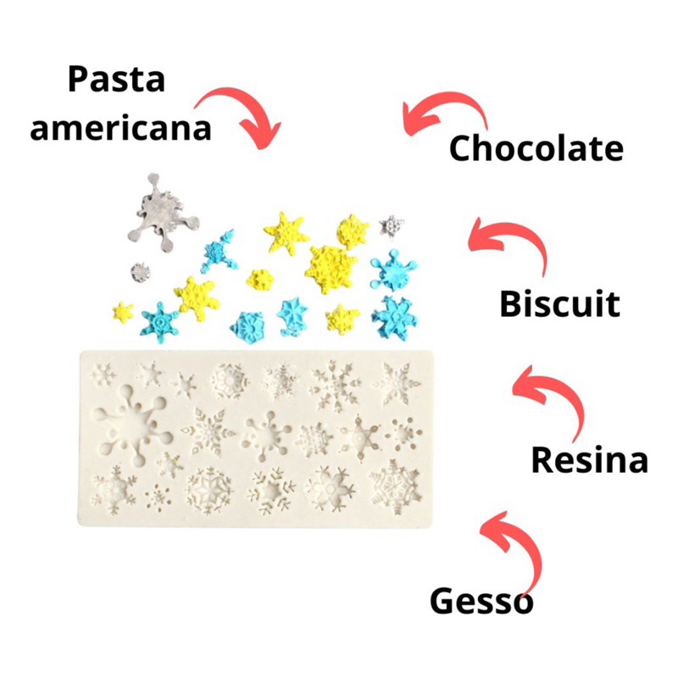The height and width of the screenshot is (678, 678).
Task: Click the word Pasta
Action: [x=117, y=79]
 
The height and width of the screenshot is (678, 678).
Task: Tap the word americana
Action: [x=120, y=128]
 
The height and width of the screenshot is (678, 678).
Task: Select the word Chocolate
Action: [x=536, y=147]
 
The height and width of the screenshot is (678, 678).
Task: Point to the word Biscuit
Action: [x=560, y=303]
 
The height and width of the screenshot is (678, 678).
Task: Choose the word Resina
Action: [x=589, y=459]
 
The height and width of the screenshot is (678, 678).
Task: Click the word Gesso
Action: [x=481, y=601]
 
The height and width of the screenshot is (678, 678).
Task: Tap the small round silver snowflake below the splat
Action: [x=141, y=273]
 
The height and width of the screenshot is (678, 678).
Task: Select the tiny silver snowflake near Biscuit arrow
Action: [x=392, y=225]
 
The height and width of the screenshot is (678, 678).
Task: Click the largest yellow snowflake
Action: [x=331, y=269]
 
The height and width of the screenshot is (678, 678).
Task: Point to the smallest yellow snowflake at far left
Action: [x=123, y=311]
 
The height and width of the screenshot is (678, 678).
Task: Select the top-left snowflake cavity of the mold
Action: [x=104, y=374]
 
